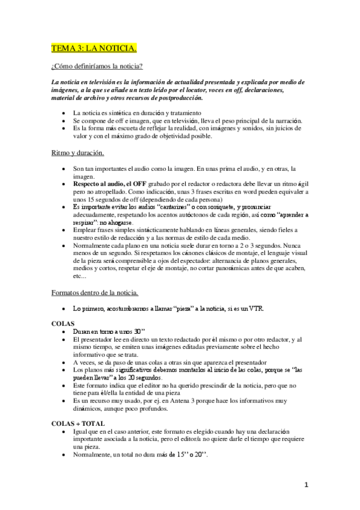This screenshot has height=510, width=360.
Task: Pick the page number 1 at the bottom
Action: point(307,484)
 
